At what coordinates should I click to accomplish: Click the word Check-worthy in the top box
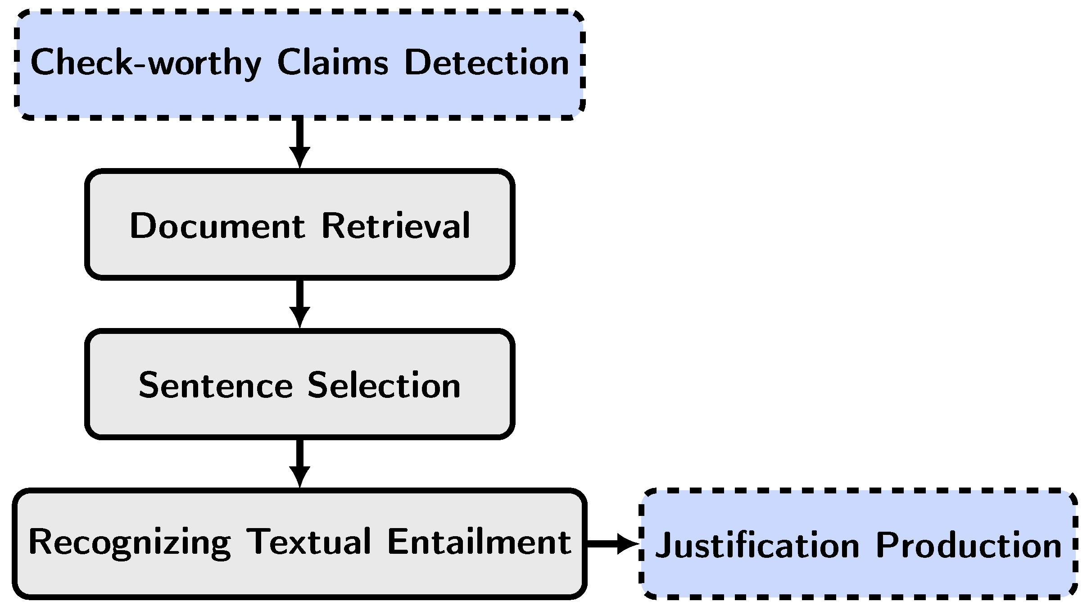[x=145, y=63]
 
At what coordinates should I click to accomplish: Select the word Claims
[x=332, y=63]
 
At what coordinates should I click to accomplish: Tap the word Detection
[x=486, y=63]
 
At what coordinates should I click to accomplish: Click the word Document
[x=217, y=226]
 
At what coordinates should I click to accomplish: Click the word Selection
[x=384, y=386]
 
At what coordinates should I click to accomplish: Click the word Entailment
[x=479, y=542]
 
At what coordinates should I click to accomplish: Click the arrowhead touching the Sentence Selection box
[x=299, y=317]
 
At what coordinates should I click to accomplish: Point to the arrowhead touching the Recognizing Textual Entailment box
[x=299, y=477]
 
